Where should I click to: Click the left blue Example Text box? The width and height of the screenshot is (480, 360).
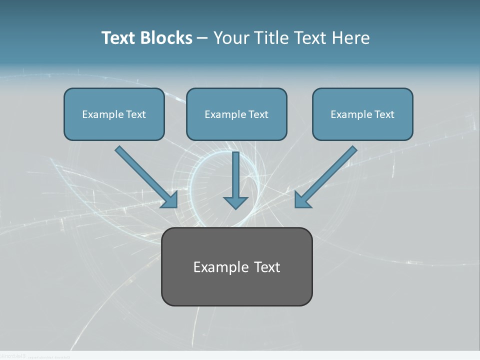point(114,114)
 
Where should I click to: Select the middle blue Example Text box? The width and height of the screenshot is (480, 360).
point(236,114)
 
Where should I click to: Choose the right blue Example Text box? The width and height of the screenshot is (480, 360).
point(362,114)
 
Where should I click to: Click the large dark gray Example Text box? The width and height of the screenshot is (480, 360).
point(236,266)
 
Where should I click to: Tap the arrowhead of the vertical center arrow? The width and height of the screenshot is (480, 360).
point(235,202)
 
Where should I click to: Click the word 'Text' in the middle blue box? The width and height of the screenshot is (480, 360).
point(258,114)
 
